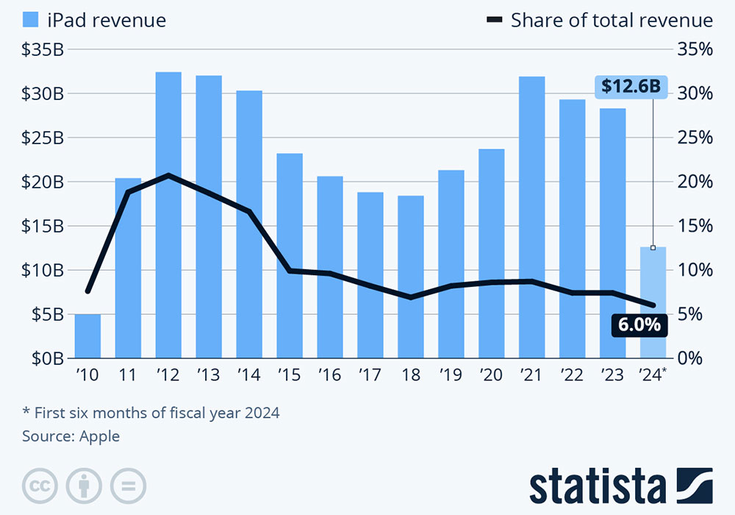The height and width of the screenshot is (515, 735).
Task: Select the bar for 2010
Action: [87, 336]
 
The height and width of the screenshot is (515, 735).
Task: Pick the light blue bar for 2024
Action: [653, 302]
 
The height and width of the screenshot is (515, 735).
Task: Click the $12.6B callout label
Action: [630, 86]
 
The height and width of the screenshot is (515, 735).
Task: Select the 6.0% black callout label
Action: [639, 324]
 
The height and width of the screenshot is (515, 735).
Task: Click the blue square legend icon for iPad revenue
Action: [31, 20]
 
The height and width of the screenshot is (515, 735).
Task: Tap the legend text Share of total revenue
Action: [612, 20]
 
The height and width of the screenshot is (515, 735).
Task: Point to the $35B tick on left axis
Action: [43, 49]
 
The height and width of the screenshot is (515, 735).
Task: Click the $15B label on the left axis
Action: [43, 226]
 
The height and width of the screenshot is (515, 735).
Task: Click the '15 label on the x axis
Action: [290, 375]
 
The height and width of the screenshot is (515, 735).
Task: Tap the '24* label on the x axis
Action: [653, 375]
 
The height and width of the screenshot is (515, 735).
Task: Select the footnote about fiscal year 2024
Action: [151, 413]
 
